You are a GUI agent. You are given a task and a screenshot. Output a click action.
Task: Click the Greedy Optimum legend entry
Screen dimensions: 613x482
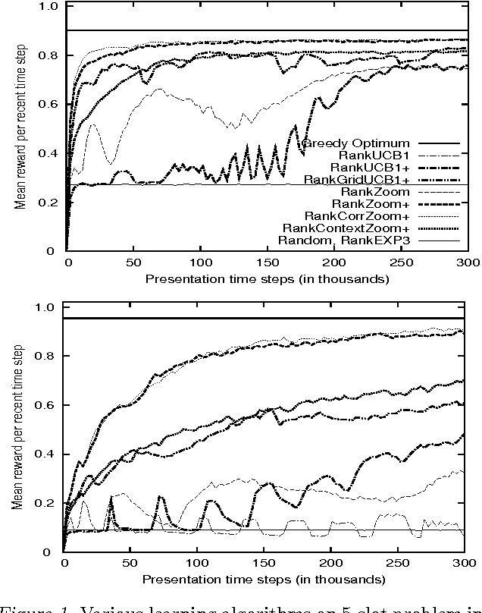(355, 143)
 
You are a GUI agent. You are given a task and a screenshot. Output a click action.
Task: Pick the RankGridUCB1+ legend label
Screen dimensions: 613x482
(356, 179)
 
